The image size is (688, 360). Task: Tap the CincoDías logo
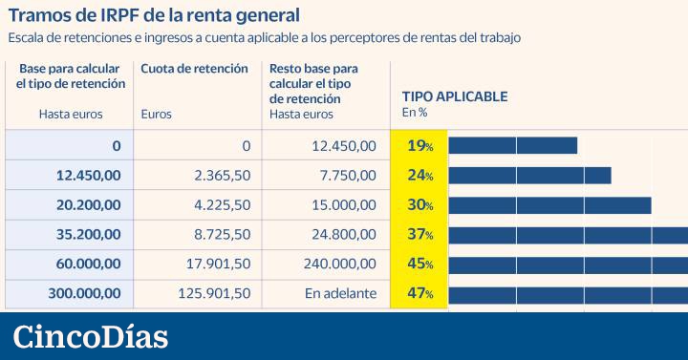(x=90, y=337)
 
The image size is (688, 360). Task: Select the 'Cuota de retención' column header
(x=194, y=69)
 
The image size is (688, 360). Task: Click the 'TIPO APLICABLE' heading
(x=454, y=96)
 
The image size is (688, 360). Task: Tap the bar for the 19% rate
(x=512, y=145)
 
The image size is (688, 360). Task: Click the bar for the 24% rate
(x=529, y=176)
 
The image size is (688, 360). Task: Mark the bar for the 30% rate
(x=549, y=205)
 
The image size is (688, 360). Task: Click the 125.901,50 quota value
(x=214, y=293)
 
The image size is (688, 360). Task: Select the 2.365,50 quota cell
(x=222, y=176)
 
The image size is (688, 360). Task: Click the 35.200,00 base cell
(x=85, y=234)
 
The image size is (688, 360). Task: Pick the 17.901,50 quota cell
(x=218, y=264)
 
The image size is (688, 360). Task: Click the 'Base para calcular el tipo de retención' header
(x=70, y=76)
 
